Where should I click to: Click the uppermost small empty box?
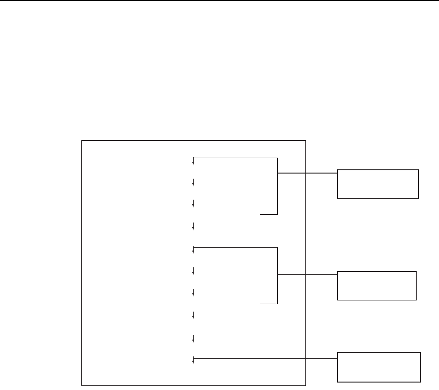(x=378, y=184)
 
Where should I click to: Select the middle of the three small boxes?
(x=377, y=286)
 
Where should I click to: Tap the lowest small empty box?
(x=378, y=367)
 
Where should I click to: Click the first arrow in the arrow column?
(x=193, y=161)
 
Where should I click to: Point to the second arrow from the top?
(x=193, y=182)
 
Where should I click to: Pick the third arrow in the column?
(x=193, y=204)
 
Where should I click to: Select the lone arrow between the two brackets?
(x=193, y=226)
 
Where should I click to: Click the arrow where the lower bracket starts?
(x=193, y=250)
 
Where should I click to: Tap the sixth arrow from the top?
(x=193, y=271)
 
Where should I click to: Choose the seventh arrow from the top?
(x=193, y=292)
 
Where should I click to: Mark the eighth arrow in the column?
(x=193, y=315)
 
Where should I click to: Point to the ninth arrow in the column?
(x=193, y=337)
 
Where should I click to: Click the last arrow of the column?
(x=193, y=359)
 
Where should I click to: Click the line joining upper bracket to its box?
(x=307, y=173)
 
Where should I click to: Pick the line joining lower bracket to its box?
(x=307, y=275)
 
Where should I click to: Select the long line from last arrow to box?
(x=265, y=359)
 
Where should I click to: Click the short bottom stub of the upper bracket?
(x=269, y=215)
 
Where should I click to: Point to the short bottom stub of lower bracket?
(x=269, y=304)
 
